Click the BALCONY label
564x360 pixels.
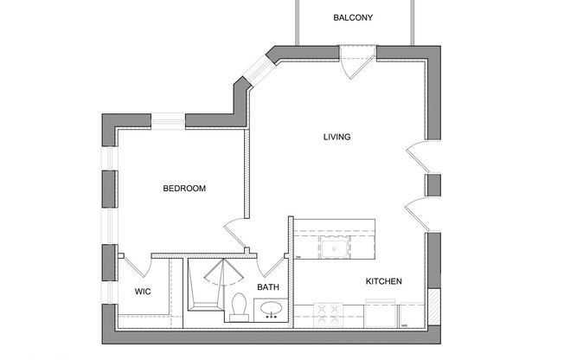coord(353,17)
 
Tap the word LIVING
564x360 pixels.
coord(336,137)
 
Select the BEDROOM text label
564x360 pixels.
coord(184,188)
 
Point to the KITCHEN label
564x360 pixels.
coord(383,281)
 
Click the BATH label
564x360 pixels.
coord(267,287)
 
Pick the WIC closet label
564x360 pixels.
coord(143,292)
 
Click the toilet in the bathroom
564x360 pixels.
coord(240,307)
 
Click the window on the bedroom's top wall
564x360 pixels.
coord(169,119)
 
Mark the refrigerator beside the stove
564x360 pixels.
coord(381,312)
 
